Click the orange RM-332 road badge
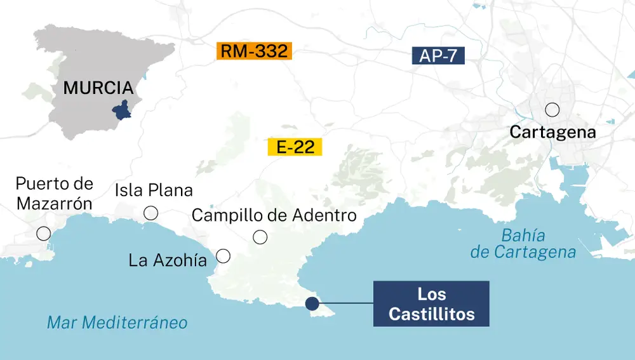[x=254, y=51]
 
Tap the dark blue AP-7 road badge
[x=438, y=56]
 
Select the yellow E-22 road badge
[x=295, y=148]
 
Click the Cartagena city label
[x=552, y=133]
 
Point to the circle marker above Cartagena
[x=552, y=110]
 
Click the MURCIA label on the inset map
[x=98, y=88]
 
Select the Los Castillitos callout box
[x=431, y=303]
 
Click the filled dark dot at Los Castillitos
[x=312, y=303]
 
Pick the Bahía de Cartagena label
[x=523, y=244]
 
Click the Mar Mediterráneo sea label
[x=117, y=323]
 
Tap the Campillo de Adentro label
[x=274, y=215]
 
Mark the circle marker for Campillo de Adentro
[x=260, y=237]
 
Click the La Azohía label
[x=168, y=260]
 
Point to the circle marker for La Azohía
[x=223, y=256]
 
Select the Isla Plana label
[x=154, y=190]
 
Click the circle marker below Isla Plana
[x=151, y=213]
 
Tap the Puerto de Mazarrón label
[x=55, y=194]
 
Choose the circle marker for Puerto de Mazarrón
[x=44, y=233]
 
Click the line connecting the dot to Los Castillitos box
[x=346, y=303]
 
